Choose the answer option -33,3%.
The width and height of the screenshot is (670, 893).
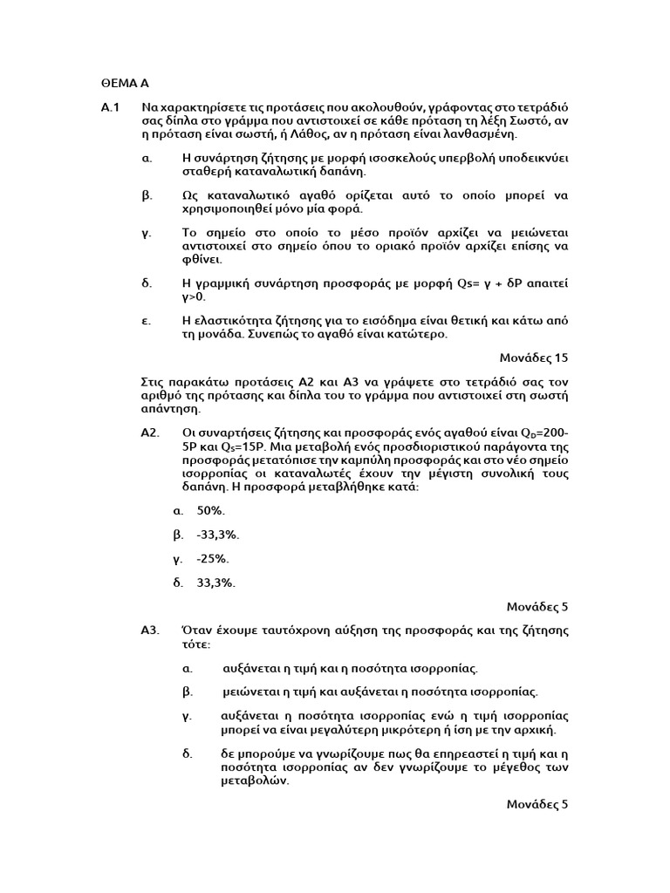[218, 534]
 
